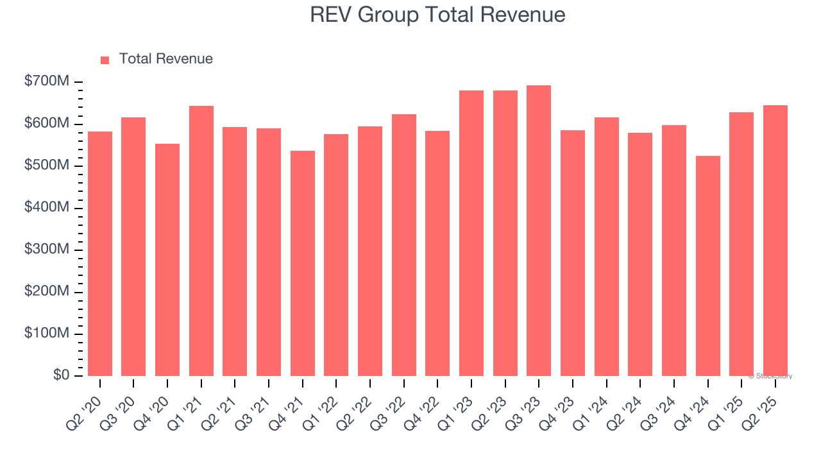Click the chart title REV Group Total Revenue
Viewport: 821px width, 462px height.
click(437, 15)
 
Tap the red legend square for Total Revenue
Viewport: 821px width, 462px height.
click(105, 60)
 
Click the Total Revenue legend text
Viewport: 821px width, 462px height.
click(165, 59)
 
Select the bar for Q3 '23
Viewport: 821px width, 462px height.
click(539, 231)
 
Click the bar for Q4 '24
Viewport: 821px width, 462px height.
click(707, 266)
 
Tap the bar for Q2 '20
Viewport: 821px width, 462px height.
click(100, 253)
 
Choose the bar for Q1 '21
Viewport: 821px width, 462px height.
click(201, 241)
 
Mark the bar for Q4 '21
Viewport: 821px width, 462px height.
click(303, 263)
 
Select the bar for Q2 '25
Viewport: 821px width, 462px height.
click(775, 241)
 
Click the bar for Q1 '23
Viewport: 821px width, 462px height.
click(471, 233)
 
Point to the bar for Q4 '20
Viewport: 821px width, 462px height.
click(167, 260)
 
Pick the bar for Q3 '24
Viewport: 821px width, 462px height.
click(674, 250)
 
